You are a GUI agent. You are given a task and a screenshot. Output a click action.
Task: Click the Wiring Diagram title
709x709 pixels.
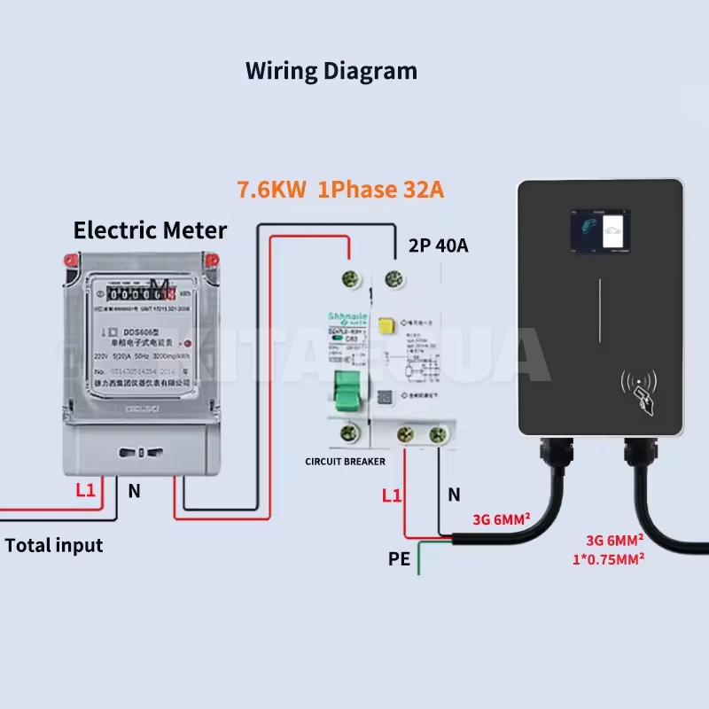click(331, 70)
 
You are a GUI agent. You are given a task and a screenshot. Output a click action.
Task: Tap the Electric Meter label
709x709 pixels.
click(150, 230)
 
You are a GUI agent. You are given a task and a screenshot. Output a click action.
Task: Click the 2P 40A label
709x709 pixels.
click(438, 245)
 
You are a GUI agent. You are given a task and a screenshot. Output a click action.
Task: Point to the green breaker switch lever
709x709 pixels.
click(347, 390)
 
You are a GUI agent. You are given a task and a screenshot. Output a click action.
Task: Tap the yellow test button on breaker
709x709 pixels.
click(386, 328)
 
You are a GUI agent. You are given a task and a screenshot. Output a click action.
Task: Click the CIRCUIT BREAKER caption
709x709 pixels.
click(345, 462)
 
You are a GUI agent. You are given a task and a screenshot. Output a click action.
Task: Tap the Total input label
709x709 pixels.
click(54, 545)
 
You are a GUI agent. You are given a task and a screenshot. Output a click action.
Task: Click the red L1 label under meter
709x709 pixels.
click(85, 490)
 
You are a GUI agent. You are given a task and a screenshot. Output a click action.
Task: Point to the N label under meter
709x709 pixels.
click(134, 490)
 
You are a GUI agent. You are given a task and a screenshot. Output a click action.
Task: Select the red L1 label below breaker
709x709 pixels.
click(392, 495)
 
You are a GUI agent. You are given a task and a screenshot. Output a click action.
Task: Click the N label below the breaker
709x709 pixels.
click(453, 495)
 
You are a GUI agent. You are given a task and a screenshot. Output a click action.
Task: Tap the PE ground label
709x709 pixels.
click(399, 559)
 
